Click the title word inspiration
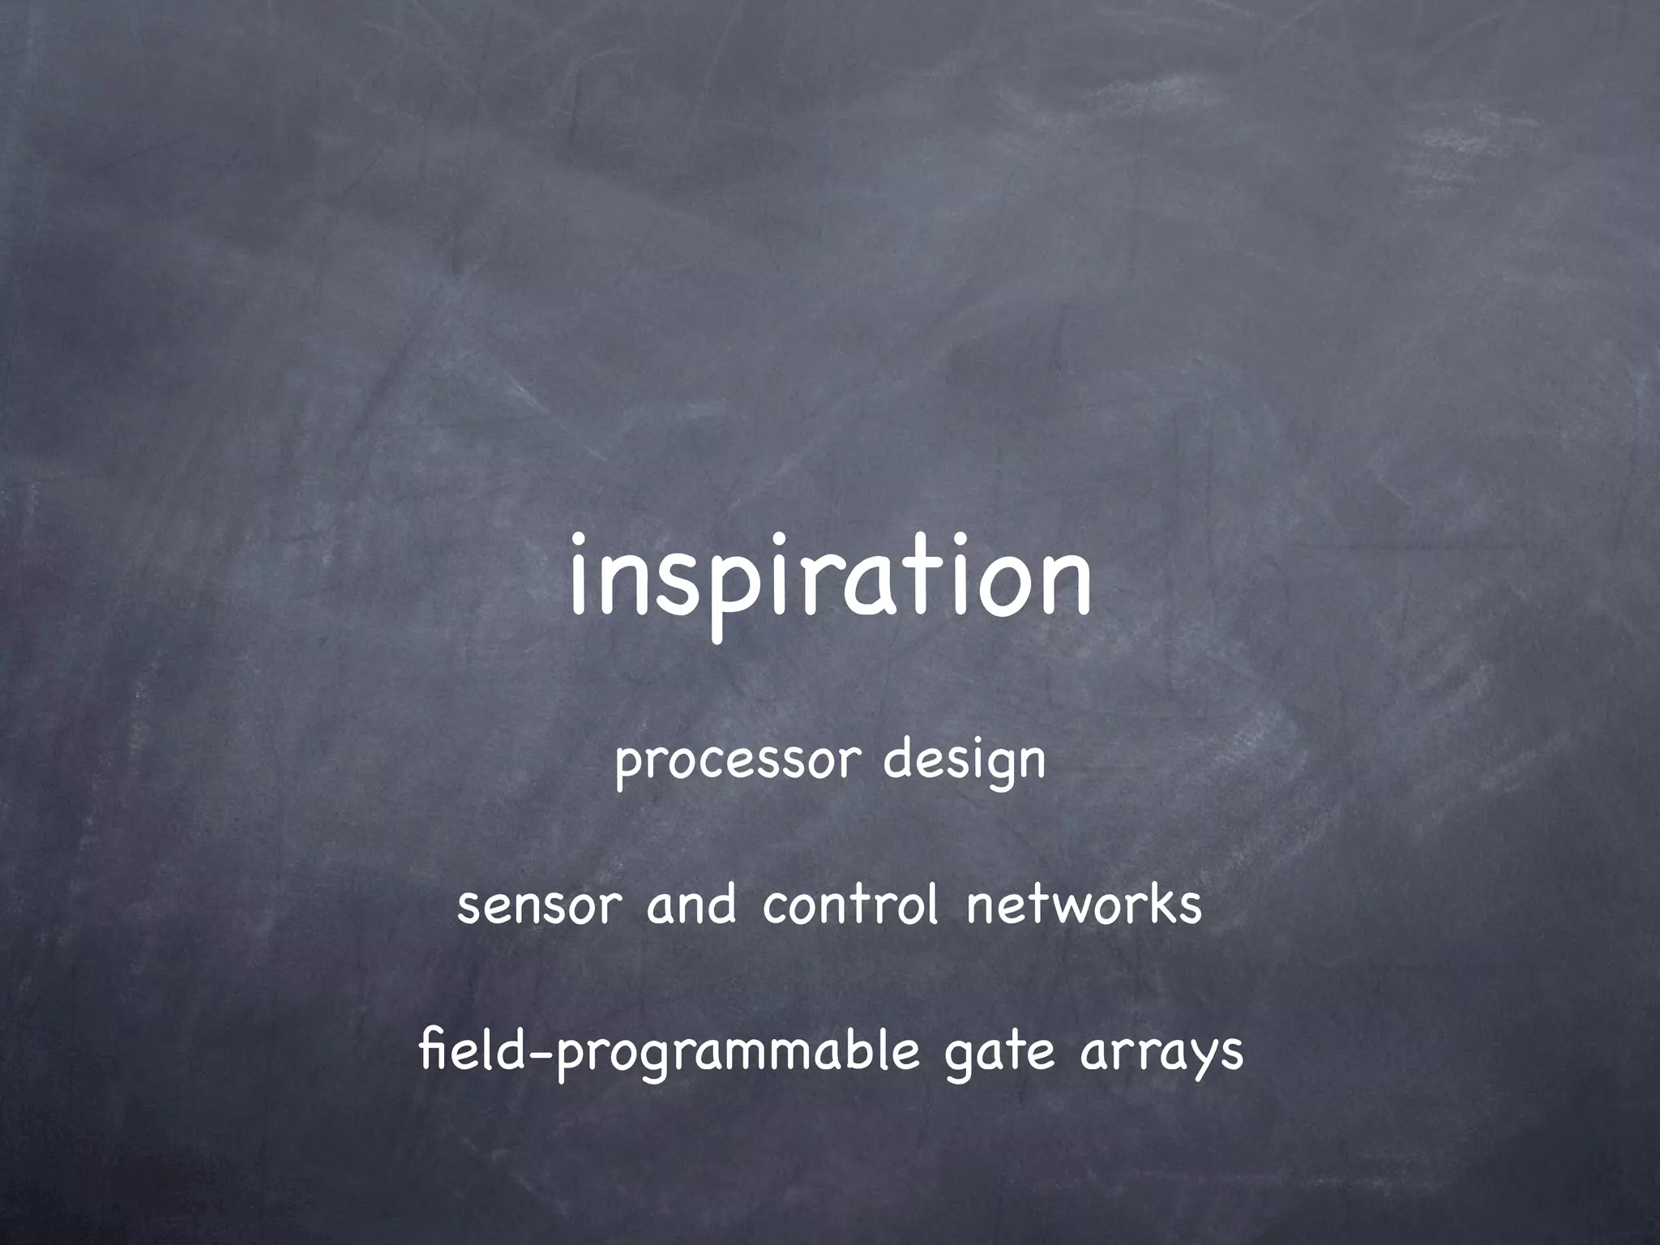click(x=830, y=577)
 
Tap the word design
click(x=964, y=763)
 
